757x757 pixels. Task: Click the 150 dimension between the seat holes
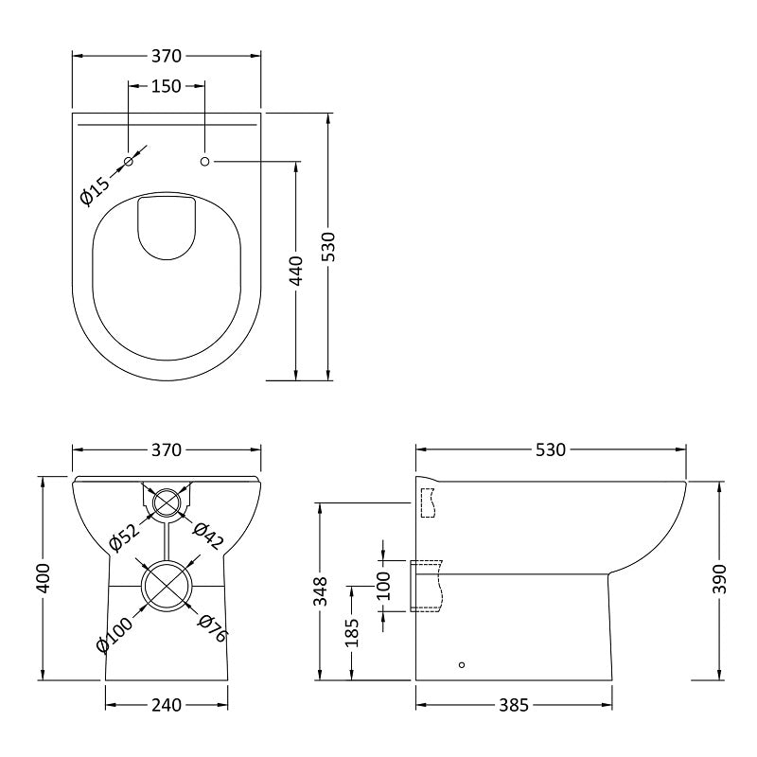coord(167,87)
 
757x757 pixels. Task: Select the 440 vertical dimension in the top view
coord(296,271)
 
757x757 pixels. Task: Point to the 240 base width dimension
coord(167,705)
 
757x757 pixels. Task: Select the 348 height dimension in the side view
coord(322,590)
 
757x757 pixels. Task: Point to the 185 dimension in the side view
coord(352,632)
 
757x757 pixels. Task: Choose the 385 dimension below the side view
coord(514,705)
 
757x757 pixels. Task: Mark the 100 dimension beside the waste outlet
coord(383,586)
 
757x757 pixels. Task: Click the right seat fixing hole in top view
coord(204,162)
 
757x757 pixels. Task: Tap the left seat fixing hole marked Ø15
coord(129,162)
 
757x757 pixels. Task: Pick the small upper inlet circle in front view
coord(167,502)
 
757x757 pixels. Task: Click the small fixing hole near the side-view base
coord(462,665)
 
